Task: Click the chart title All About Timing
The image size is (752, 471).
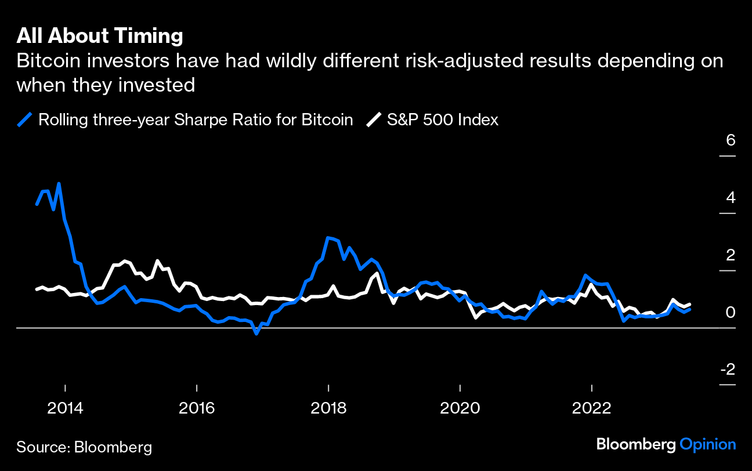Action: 100,36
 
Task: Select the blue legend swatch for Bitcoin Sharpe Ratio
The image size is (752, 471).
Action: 25,120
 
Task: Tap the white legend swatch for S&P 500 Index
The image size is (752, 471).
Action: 374,120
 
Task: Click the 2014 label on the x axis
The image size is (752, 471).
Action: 66,408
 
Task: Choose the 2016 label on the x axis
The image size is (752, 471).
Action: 197,408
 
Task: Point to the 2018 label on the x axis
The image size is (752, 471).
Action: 328,408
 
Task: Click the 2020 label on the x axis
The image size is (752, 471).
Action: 460,408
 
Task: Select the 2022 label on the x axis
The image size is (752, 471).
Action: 591,408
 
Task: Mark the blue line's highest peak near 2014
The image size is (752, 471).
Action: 59,184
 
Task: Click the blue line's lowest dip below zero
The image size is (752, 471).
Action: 256,334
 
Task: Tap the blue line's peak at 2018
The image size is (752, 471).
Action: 328,238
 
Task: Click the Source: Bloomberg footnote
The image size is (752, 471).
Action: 84,447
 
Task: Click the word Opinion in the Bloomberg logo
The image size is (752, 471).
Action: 707,445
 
